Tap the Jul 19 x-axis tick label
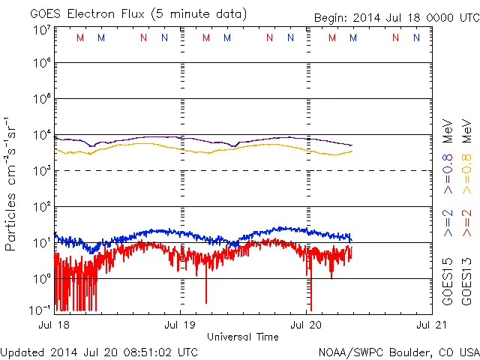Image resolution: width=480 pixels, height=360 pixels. coord(180,325)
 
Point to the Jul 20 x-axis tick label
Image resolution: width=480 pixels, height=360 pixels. coord(307,325)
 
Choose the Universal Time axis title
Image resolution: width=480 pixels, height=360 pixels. coord(242,337)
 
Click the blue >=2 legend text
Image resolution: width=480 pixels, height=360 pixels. coord(448,223)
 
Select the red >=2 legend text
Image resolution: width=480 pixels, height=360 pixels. coord(466,223)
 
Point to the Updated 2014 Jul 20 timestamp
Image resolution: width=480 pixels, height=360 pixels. coord(100,352)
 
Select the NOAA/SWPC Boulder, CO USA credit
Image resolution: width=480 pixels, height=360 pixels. coord(398,352)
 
